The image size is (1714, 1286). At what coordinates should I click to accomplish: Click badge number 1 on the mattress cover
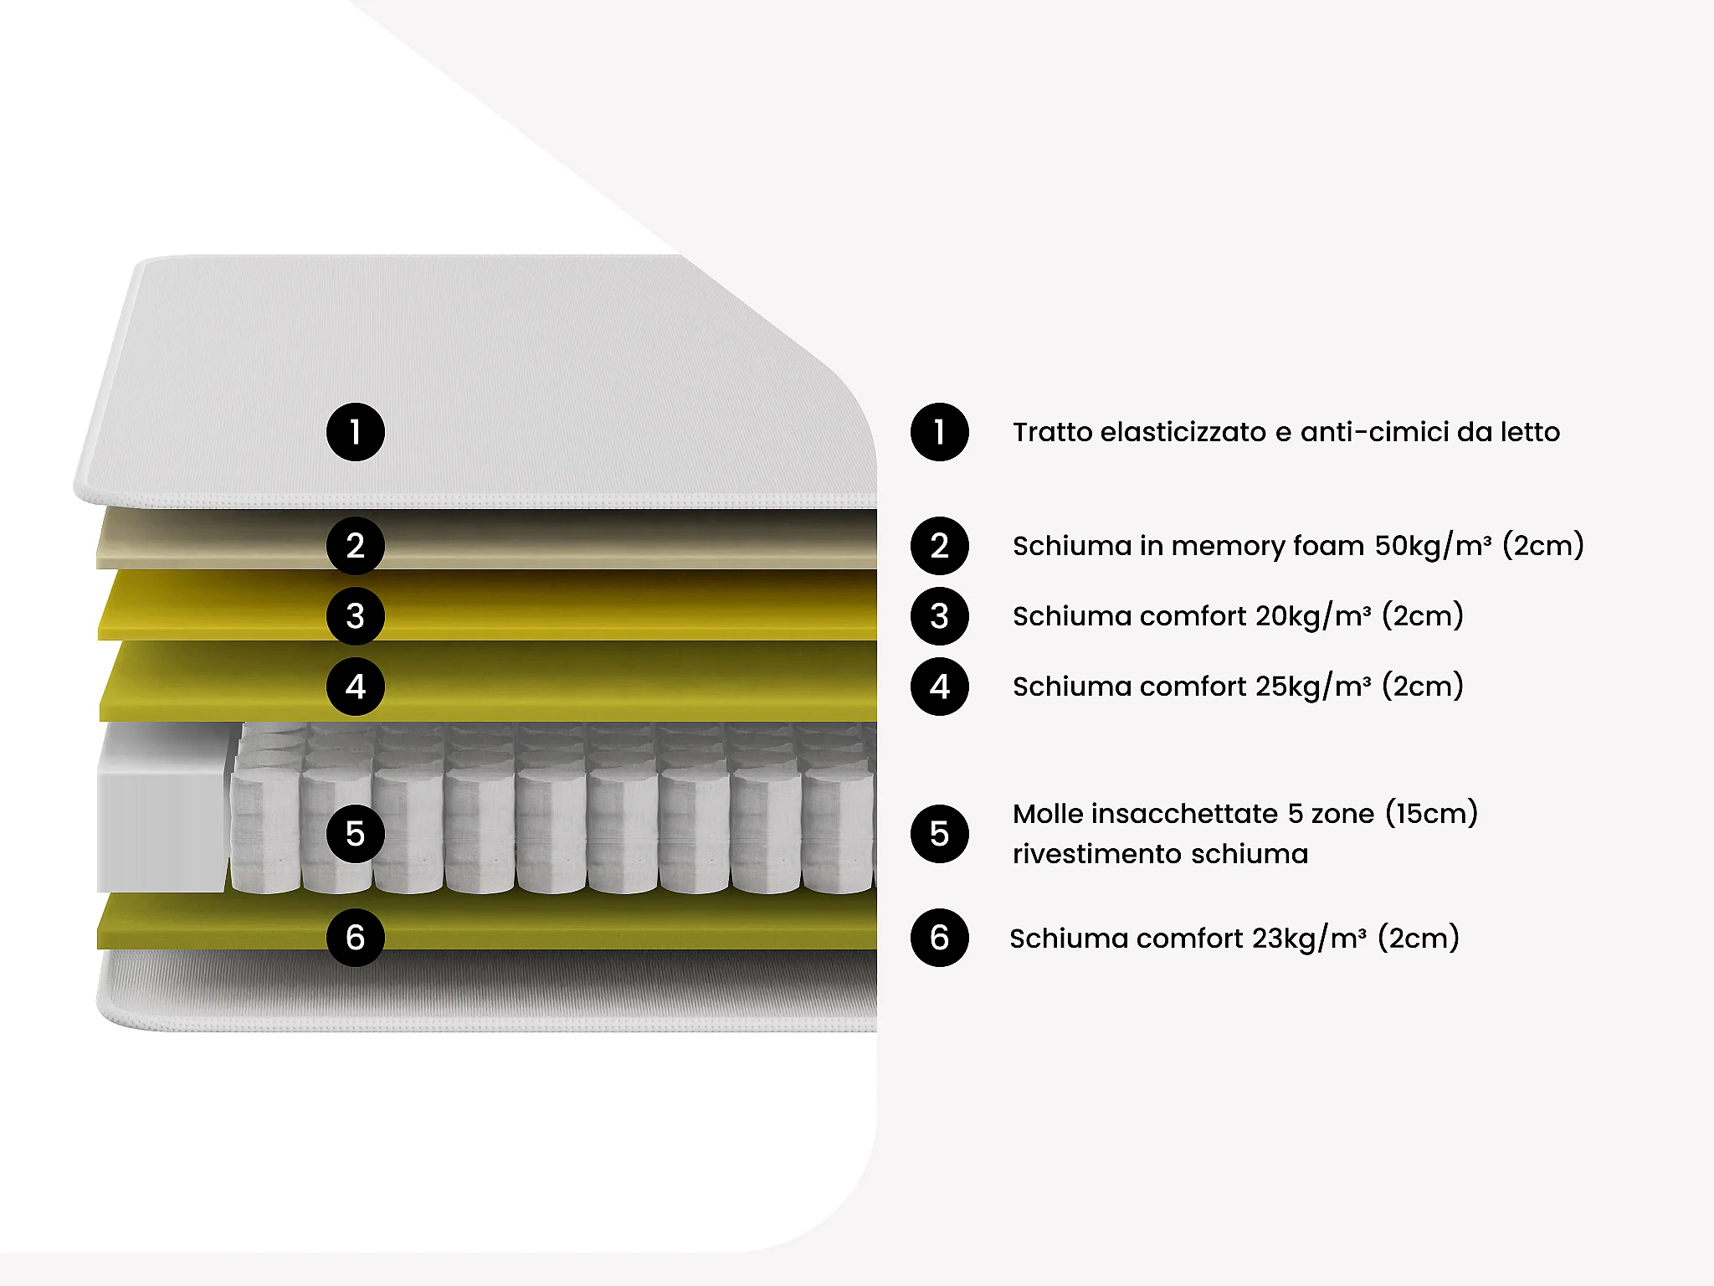(356, 432)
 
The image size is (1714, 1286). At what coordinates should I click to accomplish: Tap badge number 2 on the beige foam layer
(356, 546)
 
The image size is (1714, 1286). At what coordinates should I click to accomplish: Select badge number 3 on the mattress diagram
(356, 616)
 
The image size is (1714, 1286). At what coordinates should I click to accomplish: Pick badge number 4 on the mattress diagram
(356, 687)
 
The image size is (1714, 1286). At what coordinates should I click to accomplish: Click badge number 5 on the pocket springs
(356, 834)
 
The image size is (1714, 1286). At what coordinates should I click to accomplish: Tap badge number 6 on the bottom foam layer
(356, 938)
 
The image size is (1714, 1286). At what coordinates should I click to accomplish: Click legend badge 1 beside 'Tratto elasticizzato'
(940, 432)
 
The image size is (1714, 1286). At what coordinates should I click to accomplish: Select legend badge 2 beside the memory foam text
(940, 546)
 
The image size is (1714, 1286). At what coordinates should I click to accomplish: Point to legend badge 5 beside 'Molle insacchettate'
(940, 834)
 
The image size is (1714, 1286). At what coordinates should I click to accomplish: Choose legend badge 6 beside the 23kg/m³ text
(940, 938)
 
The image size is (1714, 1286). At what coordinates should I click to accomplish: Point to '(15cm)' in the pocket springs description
(1431, 814)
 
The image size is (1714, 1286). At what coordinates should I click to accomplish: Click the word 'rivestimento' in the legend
(1097, 854)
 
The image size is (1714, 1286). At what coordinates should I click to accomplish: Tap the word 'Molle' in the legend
(1048, 814)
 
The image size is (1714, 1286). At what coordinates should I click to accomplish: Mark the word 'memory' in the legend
(1227, 546)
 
